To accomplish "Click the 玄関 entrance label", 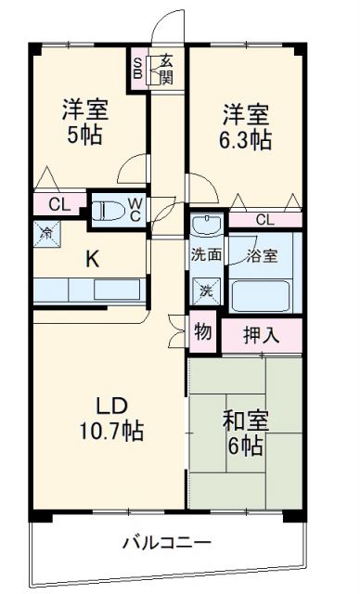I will pos(166,69).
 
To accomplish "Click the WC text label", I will pos(135,211).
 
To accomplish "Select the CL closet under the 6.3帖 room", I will pos(264,220).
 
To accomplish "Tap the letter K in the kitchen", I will pos(92,259).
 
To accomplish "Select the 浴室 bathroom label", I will pos(263,255).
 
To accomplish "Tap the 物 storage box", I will pos(201,332).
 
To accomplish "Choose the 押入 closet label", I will pos(262,335).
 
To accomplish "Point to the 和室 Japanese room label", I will pos(245,420).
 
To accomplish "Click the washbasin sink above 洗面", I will pos(206,226).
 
